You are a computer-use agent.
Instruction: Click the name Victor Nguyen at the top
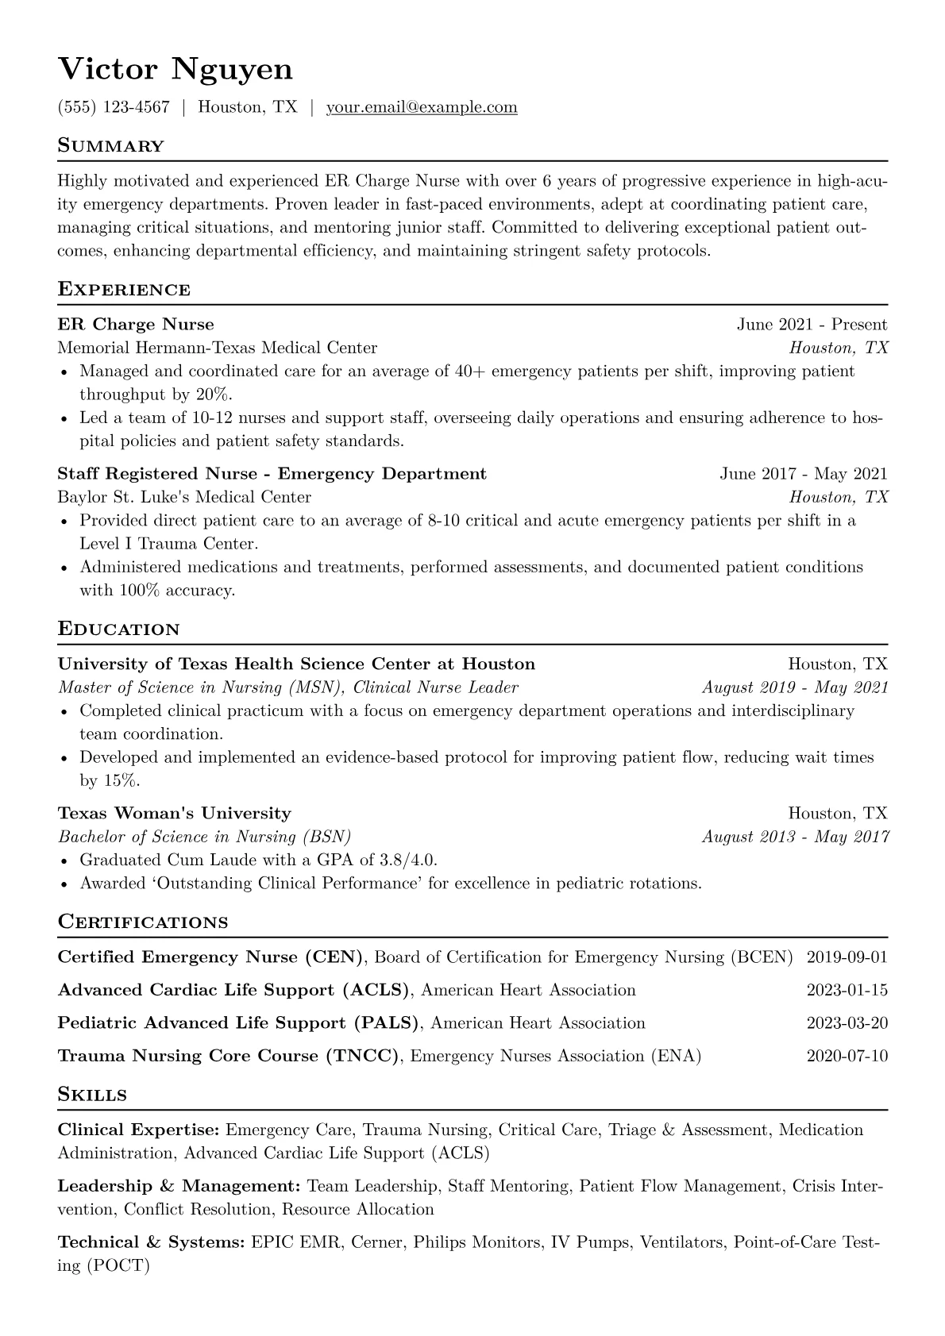point(175,70)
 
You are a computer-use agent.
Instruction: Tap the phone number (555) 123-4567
point(114,107)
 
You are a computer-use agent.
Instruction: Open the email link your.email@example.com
point(422,107)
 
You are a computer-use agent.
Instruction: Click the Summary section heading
point(111,146)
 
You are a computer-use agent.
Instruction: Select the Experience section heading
point(124,290)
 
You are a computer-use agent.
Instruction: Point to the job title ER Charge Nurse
point(136,324)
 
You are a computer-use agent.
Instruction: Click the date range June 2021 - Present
point(812,324)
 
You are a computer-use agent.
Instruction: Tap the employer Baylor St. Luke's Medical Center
point(184,497)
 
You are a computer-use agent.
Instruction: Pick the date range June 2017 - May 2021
point(803,474)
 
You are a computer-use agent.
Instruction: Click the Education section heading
point(119,629)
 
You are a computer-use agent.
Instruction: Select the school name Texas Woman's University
point(175,813)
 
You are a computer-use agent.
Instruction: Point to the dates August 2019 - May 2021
point(795,687)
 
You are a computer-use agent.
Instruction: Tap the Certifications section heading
point(143,922)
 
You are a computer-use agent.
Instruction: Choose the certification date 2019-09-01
point(847,957)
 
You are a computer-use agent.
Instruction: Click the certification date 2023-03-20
point(847,1023)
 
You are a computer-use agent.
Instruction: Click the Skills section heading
point(92,1095)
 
